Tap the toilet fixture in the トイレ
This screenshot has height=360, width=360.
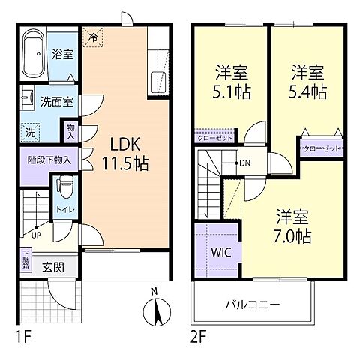click(63, 184)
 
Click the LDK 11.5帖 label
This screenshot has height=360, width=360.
click(120, 154)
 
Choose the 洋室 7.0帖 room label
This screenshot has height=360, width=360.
click(293, 224)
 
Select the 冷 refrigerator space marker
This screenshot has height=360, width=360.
click(93, 36)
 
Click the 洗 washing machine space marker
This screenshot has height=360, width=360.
click(28, 130)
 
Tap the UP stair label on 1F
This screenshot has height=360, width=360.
click(35, 235)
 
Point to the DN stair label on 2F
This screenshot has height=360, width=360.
click(244, 163)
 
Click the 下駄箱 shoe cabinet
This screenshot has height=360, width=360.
click(26, 261)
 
